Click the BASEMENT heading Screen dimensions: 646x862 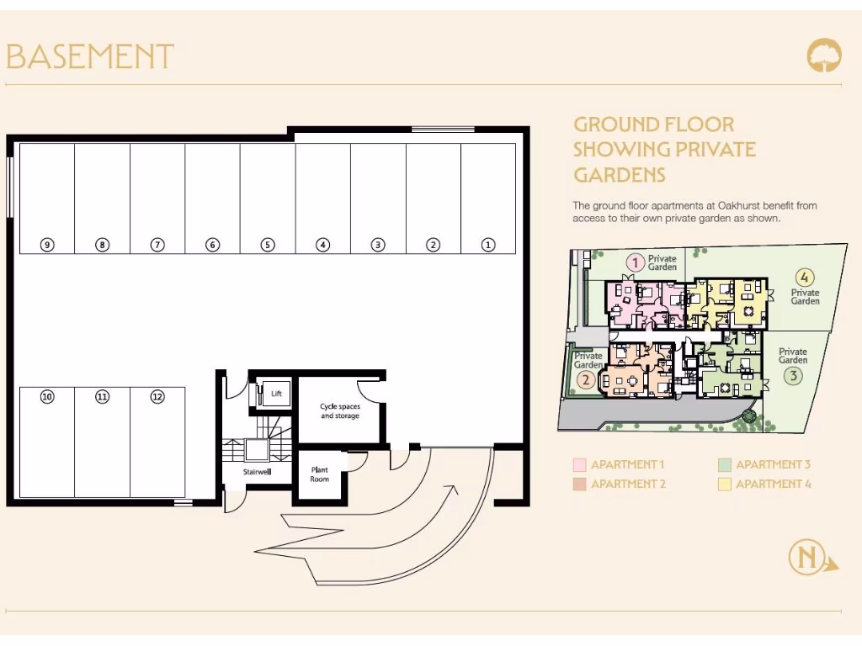pos(90,57)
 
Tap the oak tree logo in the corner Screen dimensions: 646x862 pos(823,56)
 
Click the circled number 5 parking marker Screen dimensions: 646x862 pos(268,245)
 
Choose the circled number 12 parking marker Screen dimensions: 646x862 pos(157,396)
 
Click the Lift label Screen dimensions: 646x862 pos(276,393)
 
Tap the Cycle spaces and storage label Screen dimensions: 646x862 pos(340,411)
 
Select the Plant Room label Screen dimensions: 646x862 pos(320,474)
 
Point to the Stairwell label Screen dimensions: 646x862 pos(256,472)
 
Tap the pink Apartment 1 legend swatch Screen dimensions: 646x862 pos(579,465)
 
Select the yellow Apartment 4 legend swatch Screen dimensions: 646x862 pos(725,484)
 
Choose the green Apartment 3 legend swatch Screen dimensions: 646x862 pos(725,465)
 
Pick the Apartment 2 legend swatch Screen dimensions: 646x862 pos(579,484)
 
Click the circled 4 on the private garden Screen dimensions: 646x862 pos(805,277)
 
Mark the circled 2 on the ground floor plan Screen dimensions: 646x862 pos(587,379)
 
